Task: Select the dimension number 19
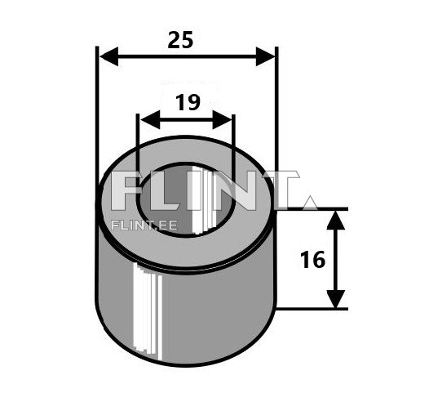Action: pyautogui.click(x=187, y=103)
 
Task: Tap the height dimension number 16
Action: pyautogui.click(x=312, y=260)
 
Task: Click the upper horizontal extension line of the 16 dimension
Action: pyautogui.click(x=314, y=209)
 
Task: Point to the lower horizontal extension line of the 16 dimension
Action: pyautogui.click(x=314, y=309)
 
